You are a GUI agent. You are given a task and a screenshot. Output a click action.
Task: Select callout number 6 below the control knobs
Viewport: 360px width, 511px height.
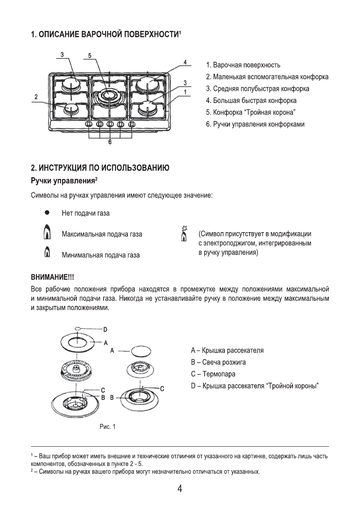(110, 142)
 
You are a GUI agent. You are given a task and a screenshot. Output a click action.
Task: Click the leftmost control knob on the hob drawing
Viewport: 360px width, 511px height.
(89, 124)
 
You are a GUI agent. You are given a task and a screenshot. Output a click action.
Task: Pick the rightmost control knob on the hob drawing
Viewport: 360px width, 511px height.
(132, 124)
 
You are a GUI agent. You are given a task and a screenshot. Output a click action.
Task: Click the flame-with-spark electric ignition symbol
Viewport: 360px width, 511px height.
(184, 234)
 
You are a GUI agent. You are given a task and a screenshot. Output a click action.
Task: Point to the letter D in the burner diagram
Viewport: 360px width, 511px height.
(105, 329)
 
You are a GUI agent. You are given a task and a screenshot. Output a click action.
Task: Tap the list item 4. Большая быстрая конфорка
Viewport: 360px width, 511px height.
(251, 101)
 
